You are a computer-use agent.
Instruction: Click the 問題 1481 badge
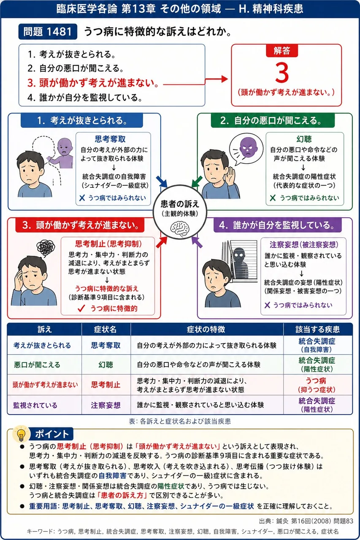pos(48,32)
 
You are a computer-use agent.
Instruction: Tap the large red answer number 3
pos(282,73)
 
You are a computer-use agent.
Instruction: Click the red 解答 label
pos(282,51)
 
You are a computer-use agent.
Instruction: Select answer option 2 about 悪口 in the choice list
pos(76,68)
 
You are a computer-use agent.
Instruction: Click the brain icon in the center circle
pos(180,229)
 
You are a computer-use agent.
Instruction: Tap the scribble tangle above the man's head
pos(46,247)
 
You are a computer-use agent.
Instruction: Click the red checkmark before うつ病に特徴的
pos(81,308)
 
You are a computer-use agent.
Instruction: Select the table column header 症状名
pos(106,329)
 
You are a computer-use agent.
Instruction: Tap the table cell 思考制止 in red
pos(106,384)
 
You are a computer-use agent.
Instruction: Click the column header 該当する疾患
pos(317,329)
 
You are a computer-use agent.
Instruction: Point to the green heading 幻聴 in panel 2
pos(304,139)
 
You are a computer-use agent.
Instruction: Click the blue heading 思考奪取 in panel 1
pos(110,139)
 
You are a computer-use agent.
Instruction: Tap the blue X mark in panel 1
pos(82,198)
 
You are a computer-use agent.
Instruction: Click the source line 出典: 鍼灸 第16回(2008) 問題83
pos(306,521)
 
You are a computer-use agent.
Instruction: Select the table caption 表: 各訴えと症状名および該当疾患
pos(180,421)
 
